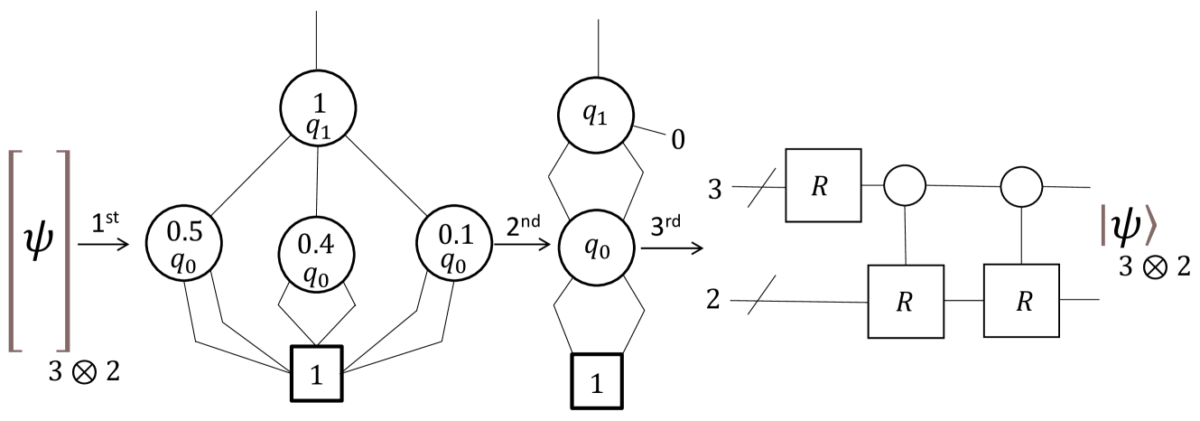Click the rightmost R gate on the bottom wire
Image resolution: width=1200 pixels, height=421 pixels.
click(1022, 301)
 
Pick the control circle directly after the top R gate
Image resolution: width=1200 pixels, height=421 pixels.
click(906, 187)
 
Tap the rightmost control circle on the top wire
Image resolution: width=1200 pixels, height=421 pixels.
click(1022, 187)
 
